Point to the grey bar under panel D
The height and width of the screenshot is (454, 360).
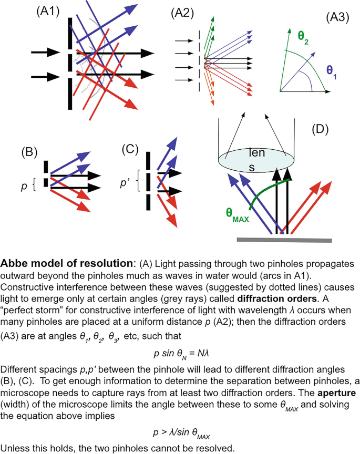284,239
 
